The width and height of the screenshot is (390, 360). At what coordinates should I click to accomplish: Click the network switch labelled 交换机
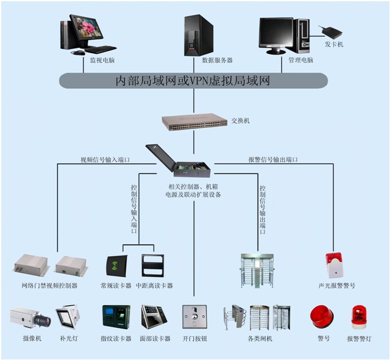[194, 121]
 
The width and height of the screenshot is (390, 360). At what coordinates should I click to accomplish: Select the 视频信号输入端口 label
[105, 159]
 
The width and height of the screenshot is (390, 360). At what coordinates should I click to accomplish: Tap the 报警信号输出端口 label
[273, 159]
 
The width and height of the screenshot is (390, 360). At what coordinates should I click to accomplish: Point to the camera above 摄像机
[30, 317]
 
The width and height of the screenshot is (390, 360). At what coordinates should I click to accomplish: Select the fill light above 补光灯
[68, 316]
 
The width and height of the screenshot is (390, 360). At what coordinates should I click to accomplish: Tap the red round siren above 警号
[321, 316]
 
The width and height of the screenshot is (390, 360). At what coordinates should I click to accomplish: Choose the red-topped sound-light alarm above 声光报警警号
[334, 265]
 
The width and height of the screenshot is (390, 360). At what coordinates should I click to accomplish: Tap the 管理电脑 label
[301, 60]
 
